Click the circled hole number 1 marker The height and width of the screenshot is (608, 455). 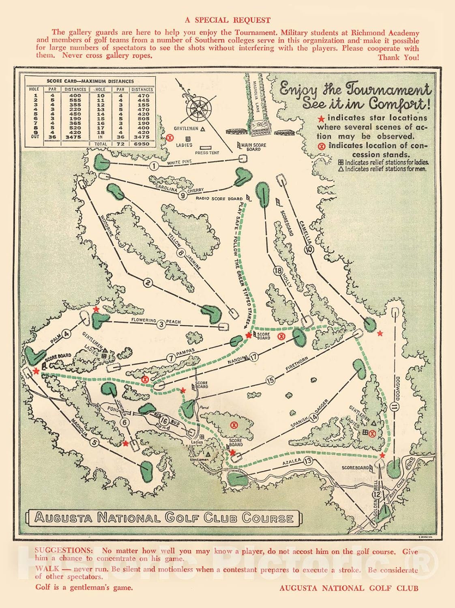[x=153, y=166]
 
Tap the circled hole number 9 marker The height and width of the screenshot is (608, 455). [x=182, y=196]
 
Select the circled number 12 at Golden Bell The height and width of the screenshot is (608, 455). [x=376, y=495]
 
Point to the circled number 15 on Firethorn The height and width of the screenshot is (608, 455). [x=270, y=380]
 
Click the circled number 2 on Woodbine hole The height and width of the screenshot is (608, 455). [x=148, y=283]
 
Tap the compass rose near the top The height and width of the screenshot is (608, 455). [x=199, y=107]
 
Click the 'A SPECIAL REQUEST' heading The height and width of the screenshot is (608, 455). [x=227, y=20]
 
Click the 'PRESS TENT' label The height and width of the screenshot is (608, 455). [x=207, y=153]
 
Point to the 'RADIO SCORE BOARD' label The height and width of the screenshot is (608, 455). [x=219, y=199]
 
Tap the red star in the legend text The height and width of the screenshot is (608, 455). [x=322, y=119]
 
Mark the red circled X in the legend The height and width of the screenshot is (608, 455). [x=322, y=146]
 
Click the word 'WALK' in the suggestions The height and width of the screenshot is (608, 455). [x=47, y=569]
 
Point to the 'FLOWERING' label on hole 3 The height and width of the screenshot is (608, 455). [x=143, y=321]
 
